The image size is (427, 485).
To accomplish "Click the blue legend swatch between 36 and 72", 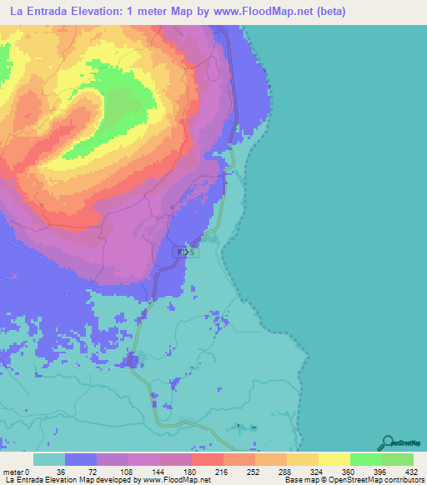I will click(81, 459).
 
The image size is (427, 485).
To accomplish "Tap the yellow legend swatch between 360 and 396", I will click(334, 459).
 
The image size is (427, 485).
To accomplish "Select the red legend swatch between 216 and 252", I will click(208, 459).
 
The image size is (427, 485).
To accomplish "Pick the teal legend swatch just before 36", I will click(49, 459).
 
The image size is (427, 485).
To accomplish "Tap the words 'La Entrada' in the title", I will click(38, 12).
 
